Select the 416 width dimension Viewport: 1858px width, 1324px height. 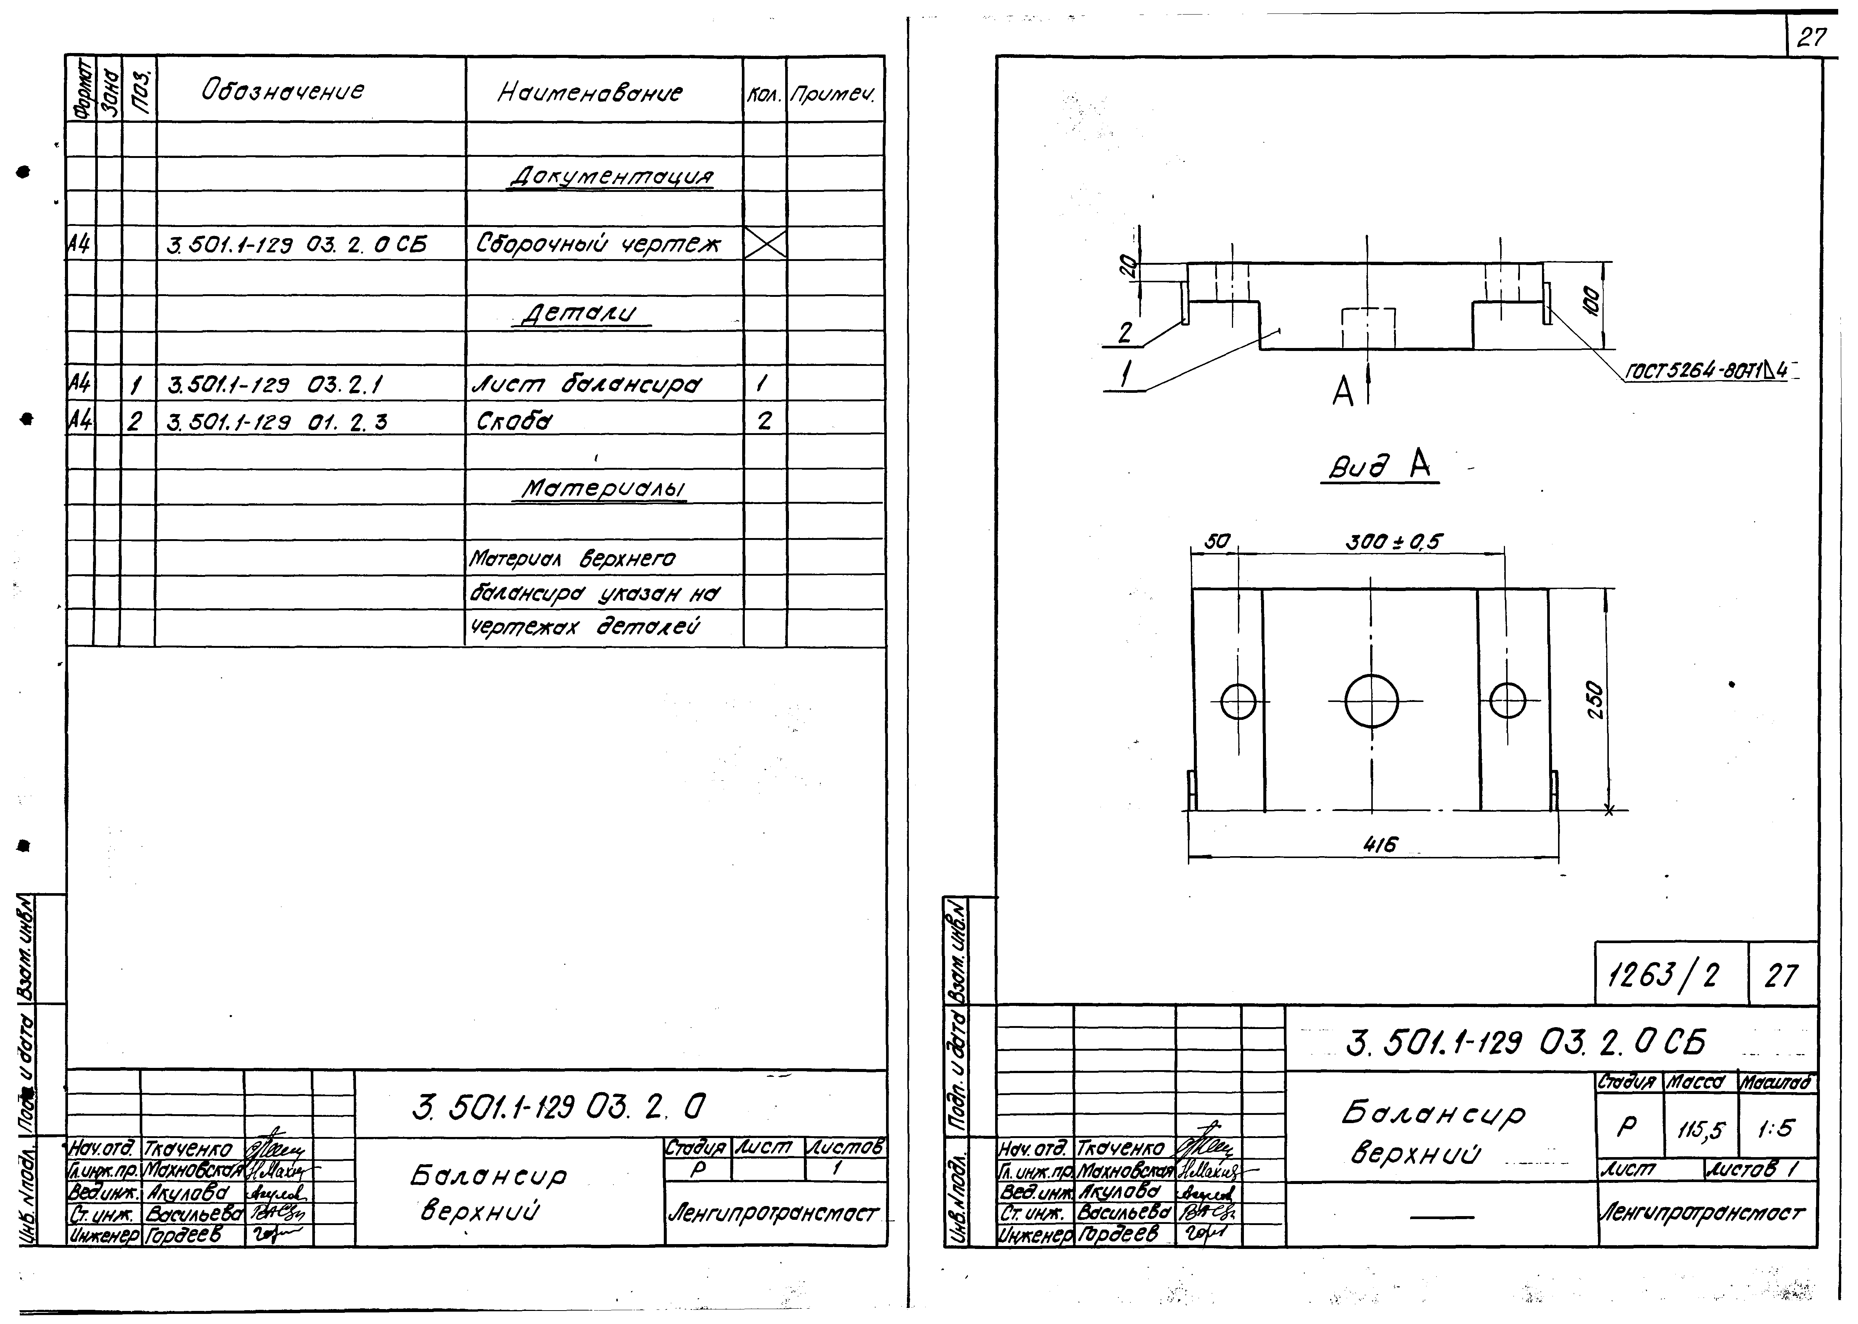coord(1379,845)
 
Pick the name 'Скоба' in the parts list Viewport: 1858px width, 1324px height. coord(514,422)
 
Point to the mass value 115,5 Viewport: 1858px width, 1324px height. coord(1701,1129)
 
